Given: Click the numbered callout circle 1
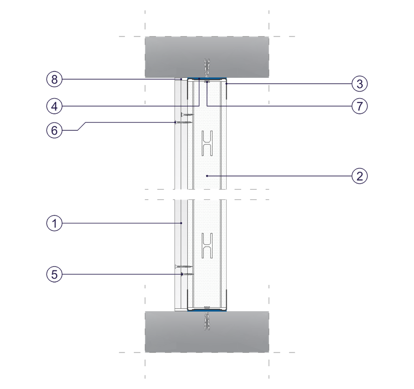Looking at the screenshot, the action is (x=54, y=223).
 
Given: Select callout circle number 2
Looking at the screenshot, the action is (x=360, y=176).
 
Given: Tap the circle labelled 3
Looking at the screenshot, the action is (x=360, y=84).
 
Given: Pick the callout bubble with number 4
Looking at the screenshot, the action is (x=54, y=106).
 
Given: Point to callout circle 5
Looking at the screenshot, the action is (x=54, y=274).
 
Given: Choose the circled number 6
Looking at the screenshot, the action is (x=54, y=130).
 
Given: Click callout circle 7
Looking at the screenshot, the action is (x=360, y=106).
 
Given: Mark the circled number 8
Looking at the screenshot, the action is (x=54, y=79).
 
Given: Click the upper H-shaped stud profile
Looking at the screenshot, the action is (x=207, y=143).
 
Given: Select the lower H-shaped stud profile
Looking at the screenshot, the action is (x=207, y=246).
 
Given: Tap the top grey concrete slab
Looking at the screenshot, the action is (x=207, y=57).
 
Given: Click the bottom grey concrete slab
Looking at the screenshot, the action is (x=207, y=332).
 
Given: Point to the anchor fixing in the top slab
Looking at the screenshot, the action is (x=207, y=68).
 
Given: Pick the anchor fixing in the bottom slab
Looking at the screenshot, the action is (x=207, y=320).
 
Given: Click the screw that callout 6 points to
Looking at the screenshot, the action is (x=184, y=122).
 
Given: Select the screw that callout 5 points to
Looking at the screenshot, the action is (x=187, y=274).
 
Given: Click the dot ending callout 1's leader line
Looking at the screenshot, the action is (x=181, y=223).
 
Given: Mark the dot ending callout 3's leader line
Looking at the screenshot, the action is (x=226, y=84).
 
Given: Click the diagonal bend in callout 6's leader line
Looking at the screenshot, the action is (x=82, y=126).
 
